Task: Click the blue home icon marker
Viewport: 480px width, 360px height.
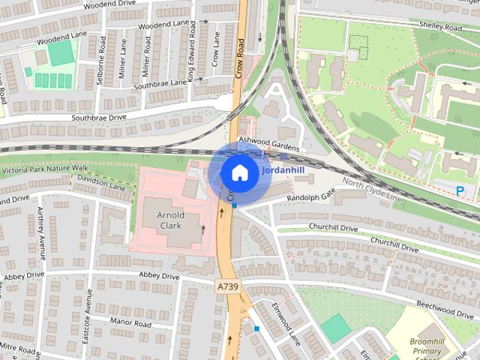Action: (238, 172)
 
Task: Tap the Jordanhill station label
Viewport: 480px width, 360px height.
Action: (283, 169)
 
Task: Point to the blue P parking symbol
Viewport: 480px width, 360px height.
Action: (460, 191)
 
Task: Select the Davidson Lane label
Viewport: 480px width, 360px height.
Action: (100, 182)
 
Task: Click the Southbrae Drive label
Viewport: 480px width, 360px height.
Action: (99, 118)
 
